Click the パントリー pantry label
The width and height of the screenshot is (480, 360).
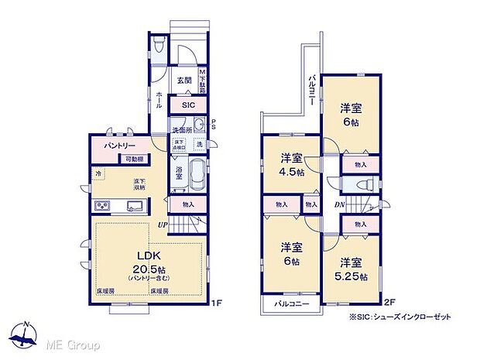coord(117,146)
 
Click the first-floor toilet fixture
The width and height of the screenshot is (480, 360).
coord(157,45)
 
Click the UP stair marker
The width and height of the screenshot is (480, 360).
coord(163,225)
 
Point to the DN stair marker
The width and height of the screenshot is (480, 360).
coord(339,205)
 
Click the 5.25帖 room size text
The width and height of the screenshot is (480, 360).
coord(352,276)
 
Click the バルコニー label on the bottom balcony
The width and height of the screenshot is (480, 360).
coord(292,305)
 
